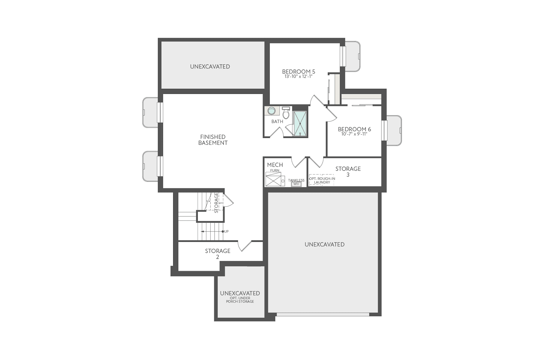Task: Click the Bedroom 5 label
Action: tap(298, 71)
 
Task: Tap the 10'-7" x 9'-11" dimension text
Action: tap(354, 134)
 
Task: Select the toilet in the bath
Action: tap(286, 113)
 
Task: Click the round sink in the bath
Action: tap(271, 111)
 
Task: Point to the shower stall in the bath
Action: tap(300, 124)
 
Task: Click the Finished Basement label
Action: tap(213, 140)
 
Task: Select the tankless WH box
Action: tap(296, 184)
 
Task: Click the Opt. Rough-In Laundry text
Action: tap(322, 180)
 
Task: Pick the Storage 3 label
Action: tap(348, 171)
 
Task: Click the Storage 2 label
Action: tap(217, 253)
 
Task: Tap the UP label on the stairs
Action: tap(226, 231)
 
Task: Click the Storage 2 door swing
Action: tap(245, 246)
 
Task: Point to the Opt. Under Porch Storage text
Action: tap(240, 300)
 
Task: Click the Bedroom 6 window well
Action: tap(394, 130)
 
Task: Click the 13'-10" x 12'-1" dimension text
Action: tap(298, 76)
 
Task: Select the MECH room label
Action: tap(275, 165)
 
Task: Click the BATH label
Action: tap(277, 121)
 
